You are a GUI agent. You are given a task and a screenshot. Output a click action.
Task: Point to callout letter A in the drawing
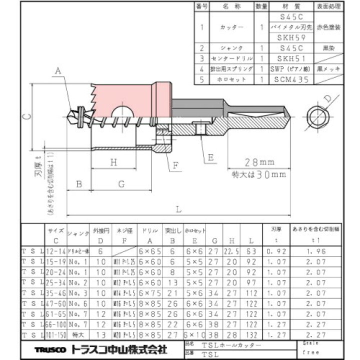58,72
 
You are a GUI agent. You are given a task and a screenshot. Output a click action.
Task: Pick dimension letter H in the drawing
113,162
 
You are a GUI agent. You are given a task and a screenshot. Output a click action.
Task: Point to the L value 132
251,334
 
